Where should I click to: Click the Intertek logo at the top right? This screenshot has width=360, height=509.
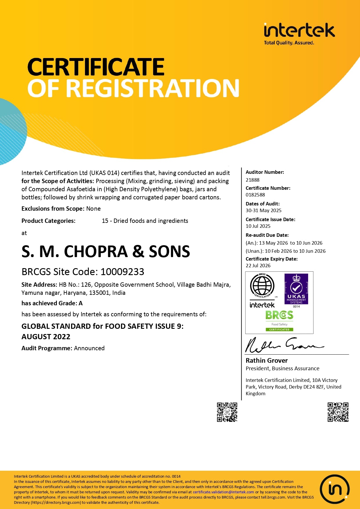pyautogui.click(x=299, y=33)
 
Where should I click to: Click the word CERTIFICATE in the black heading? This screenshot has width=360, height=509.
pyautogui.click(x=96, y=67)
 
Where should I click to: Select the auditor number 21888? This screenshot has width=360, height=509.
pyautogui.click(x=252, y=180)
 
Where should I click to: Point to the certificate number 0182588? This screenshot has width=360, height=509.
pyautogui.click(x=255, y=195)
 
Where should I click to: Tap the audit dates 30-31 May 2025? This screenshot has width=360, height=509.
pyautogui.click(x=263, y=210)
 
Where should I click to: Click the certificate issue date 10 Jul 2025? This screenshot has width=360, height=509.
pyautogui.click(x=258, y=226)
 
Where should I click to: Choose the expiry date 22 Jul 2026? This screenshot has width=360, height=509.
pyautogui.click(x=258, y=266)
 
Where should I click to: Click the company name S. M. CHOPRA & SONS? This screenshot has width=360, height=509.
pyautogui.click(x=106, y=251)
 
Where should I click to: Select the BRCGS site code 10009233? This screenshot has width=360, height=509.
pyautogui.click(x=122, y=272)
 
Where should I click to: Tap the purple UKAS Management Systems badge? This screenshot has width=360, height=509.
pyautogui.click(x=296, y=289)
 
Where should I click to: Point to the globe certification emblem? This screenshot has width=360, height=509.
pyautogui.click(x=262, y=286)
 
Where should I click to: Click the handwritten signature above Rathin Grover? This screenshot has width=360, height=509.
pyautogui.click(x=284, y=345)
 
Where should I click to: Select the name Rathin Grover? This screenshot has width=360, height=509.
pyautogui.click(x=267, y=360)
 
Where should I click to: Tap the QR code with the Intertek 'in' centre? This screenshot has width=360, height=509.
pyautogui.click(x=338, y=412)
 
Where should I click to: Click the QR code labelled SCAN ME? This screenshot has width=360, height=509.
pyautogui.click(x=227, y=412)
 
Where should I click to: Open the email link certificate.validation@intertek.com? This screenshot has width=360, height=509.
pyautogui.click(x=223, y=492)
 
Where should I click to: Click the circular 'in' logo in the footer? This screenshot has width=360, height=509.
pyautogui.click(x=335, y=489)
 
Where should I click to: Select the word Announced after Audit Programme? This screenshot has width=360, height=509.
pyautogui.click(x=89, y=348)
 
